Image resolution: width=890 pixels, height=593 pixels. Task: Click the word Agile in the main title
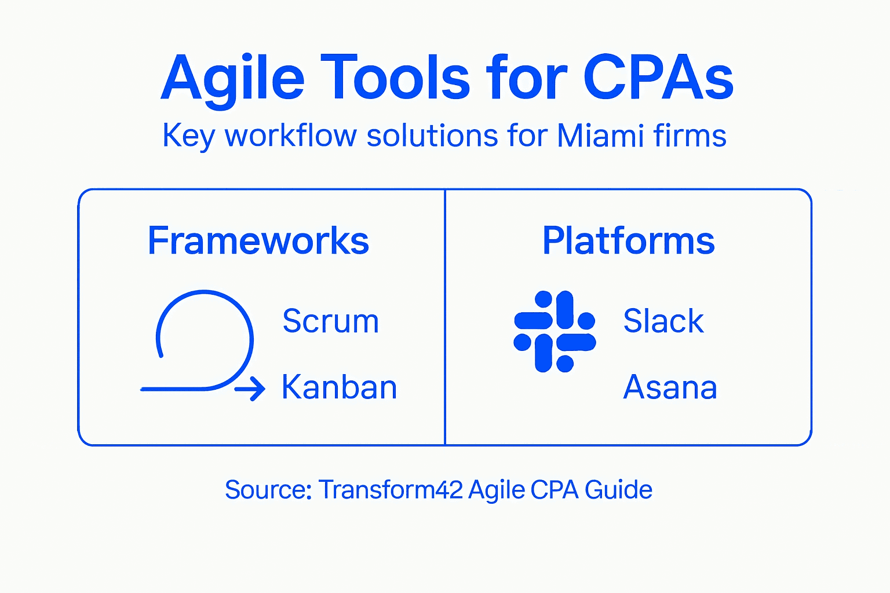(x=232, y=78)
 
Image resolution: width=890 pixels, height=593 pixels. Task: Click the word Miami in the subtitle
(x=600, y=136)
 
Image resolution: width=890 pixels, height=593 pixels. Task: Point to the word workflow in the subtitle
(x=290, y=136)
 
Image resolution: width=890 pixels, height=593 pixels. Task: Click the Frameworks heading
(x=258, y=240)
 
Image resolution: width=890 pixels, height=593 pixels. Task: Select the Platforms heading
(x=629, y=240)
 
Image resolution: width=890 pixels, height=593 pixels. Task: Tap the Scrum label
(x=330, y=321)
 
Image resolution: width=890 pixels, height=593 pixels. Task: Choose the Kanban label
(x=339, y=387)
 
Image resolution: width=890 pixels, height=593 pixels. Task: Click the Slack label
(x=663, y=321)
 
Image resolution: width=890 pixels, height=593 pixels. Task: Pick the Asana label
(x=670, y=387)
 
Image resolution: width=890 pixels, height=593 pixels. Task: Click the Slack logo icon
(x=555, y=331)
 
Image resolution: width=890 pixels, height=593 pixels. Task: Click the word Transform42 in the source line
(x=391, y=490)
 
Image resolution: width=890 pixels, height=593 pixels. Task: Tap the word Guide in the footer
(x=618, y=490)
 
